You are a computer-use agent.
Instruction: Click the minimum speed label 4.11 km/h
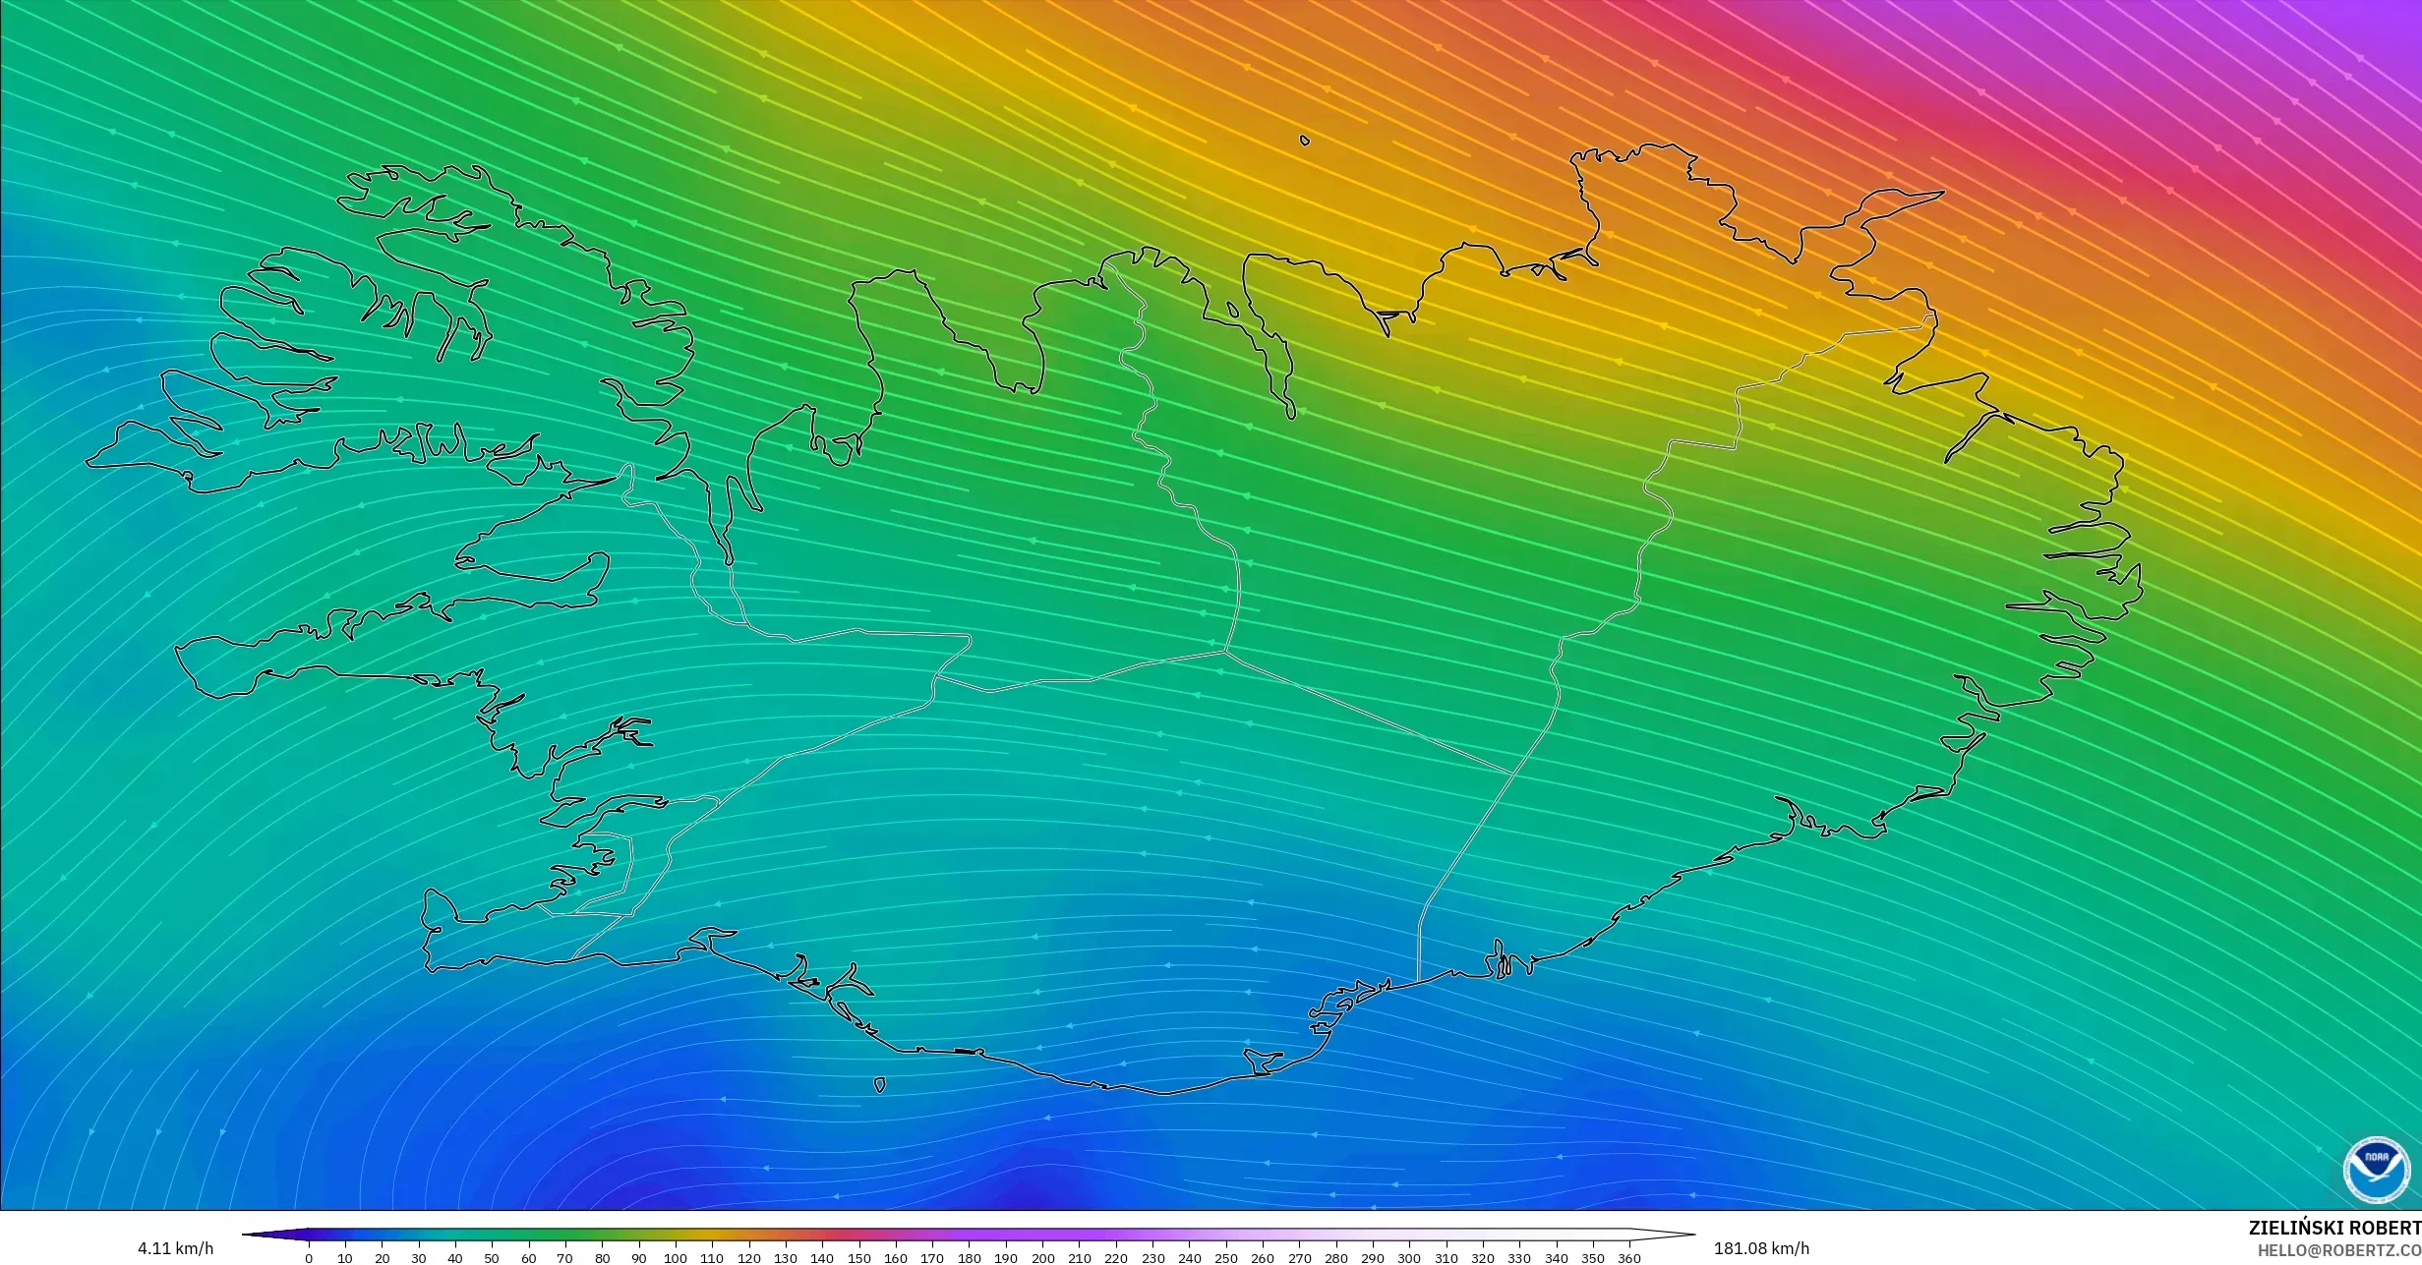(175, 1248)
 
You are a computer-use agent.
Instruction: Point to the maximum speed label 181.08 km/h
(1761, 1248)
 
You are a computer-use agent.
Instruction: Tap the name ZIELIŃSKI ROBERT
(2334, 1228)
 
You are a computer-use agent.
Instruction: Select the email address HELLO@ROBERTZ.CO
(2338, 1249)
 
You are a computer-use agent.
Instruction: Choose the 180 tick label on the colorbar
(969, 1258)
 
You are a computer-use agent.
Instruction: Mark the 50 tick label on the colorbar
(492, 1258)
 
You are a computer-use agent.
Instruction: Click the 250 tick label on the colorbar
(1225, 1258)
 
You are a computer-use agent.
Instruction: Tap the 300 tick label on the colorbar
(1409, 1258)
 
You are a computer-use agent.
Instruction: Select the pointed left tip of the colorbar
(244, 1235)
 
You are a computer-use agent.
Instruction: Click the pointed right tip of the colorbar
(1693, 1235)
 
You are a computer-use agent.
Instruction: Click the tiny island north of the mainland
(1305, 141)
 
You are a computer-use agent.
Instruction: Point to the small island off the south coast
(879, 1085)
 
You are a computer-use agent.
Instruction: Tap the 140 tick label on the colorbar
(822, 1258)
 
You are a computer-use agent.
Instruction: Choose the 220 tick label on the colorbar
(1115, 1258)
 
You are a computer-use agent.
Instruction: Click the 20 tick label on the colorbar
(382, 1258)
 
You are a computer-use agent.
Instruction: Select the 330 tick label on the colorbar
(1519, 1258)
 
